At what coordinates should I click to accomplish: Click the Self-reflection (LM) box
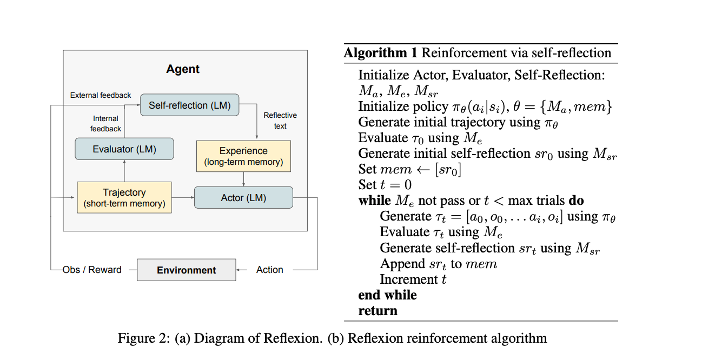[189, 105]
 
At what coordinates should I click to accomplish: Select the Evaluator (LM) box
[124, 149]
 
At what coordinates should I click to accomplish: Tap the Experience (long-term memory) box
[243, 156]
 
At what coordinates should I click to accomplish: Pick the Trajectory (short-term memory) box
[124, 198]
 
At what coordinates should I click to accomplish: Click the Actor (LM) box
[243, 198]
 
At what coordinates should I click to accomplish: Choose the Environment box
[186, 270]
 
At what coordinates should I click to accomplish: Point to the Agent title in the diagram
[183, 69]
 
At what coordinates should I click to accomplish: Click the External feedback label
[101, 95]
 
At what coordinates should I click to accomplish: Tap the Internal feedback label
[105, 124]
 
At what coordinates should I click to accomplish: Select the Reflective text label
[280, 121]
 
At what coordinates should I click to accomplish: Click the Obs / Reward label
[92, 270]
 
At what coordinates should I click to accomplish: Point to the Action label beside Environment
[269, 270]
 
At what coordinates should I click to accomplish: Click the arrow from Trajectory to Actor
[183, 198]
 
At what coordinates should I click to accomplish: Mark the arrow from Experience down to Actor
[244, 179]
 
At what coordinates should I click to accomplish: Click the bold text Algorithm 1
[381, 53]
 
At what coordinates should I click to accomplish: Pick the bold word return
[378, 311]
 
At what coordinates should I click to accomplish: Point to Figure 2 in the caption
[143, 339]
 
